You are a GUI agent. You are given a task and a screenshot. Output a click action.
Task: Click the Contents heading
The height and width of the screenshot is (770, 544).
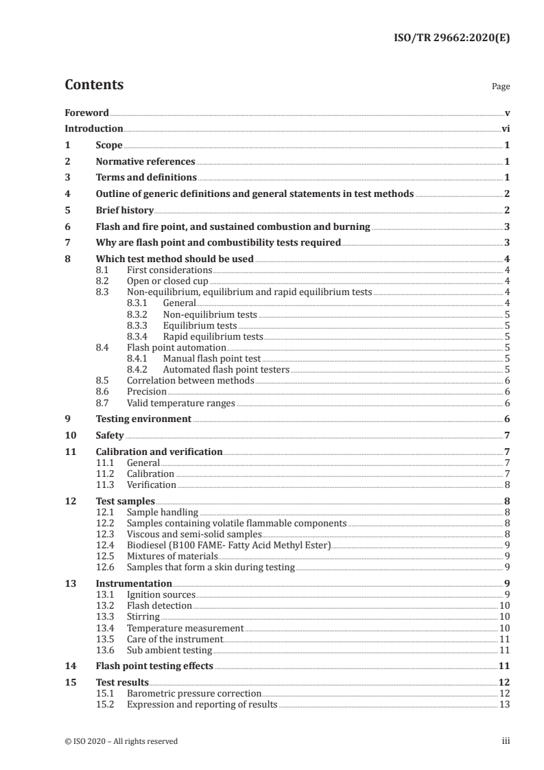click(x=94, y=85)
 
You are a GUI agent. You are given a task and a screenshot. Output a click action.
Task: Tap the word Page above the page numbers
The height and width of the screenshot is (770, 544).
click(x=501, y=87)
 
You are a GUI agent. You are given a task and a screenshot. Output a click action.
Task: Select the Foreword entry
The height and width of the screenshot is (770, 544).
click(x=86, y=113)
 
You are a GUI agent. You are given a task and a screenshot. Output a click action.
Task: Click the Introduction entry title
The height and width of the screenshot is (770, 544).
click(x=93, y=128)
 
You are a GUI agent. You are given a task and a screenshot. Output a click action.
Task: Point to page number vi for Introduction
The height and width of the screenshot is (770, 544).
click(x=505, y=128)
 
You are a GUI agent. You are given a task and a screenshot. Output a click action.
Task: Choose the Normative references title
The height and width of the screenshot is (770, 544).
click(x=145, y=162)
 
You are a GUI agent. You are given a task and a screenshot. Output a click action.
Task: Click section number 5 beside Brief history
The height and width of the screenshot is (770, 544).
click(x=67, y=210)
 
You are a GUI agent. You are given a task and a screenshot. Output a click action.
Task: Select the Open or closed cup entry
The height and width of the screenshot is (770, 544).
click(x=167, y=281)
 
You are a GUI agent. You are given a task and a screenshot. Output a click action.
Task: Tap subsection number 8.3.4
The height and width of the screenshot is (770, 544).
click(x=140, y=336)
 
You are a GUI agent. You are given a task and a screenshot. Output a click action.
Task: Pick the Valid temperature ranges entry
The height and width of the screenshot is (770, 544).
click(x=181, y=403)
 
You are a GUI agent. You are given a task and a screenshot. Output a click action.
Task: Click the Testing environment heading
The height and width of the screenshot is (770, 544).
click(x=143, y=419)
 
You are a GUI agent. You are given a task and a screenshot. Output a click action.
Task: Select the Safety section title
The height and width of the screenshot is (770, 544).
click(x=110, y=436)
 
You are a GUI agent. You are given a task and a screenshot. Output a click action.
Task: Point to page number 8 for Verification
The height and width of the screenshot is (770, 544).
click(x=506, y=485)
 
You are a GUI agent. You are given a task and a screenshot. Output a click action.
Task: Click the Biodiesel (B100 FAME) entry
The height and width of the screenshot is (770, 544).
click(x=228, y=545)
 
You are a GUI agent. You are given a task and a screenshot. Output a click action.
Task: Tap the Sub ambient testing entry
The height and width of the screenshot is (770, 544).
click(x=169, y=650)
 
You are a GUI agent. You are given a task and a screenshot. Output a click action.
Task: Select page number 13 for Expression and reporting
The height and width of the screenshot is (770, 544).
click(x=504, y=705)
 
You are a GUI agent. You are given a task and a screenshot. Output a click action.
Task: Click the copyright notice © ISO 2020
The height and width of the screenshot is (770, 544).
click(x=121, y=741)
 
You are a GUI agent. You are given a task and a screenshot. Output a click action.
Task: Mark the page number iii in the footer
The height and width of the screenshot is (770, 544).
click(x=506, y=741)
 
